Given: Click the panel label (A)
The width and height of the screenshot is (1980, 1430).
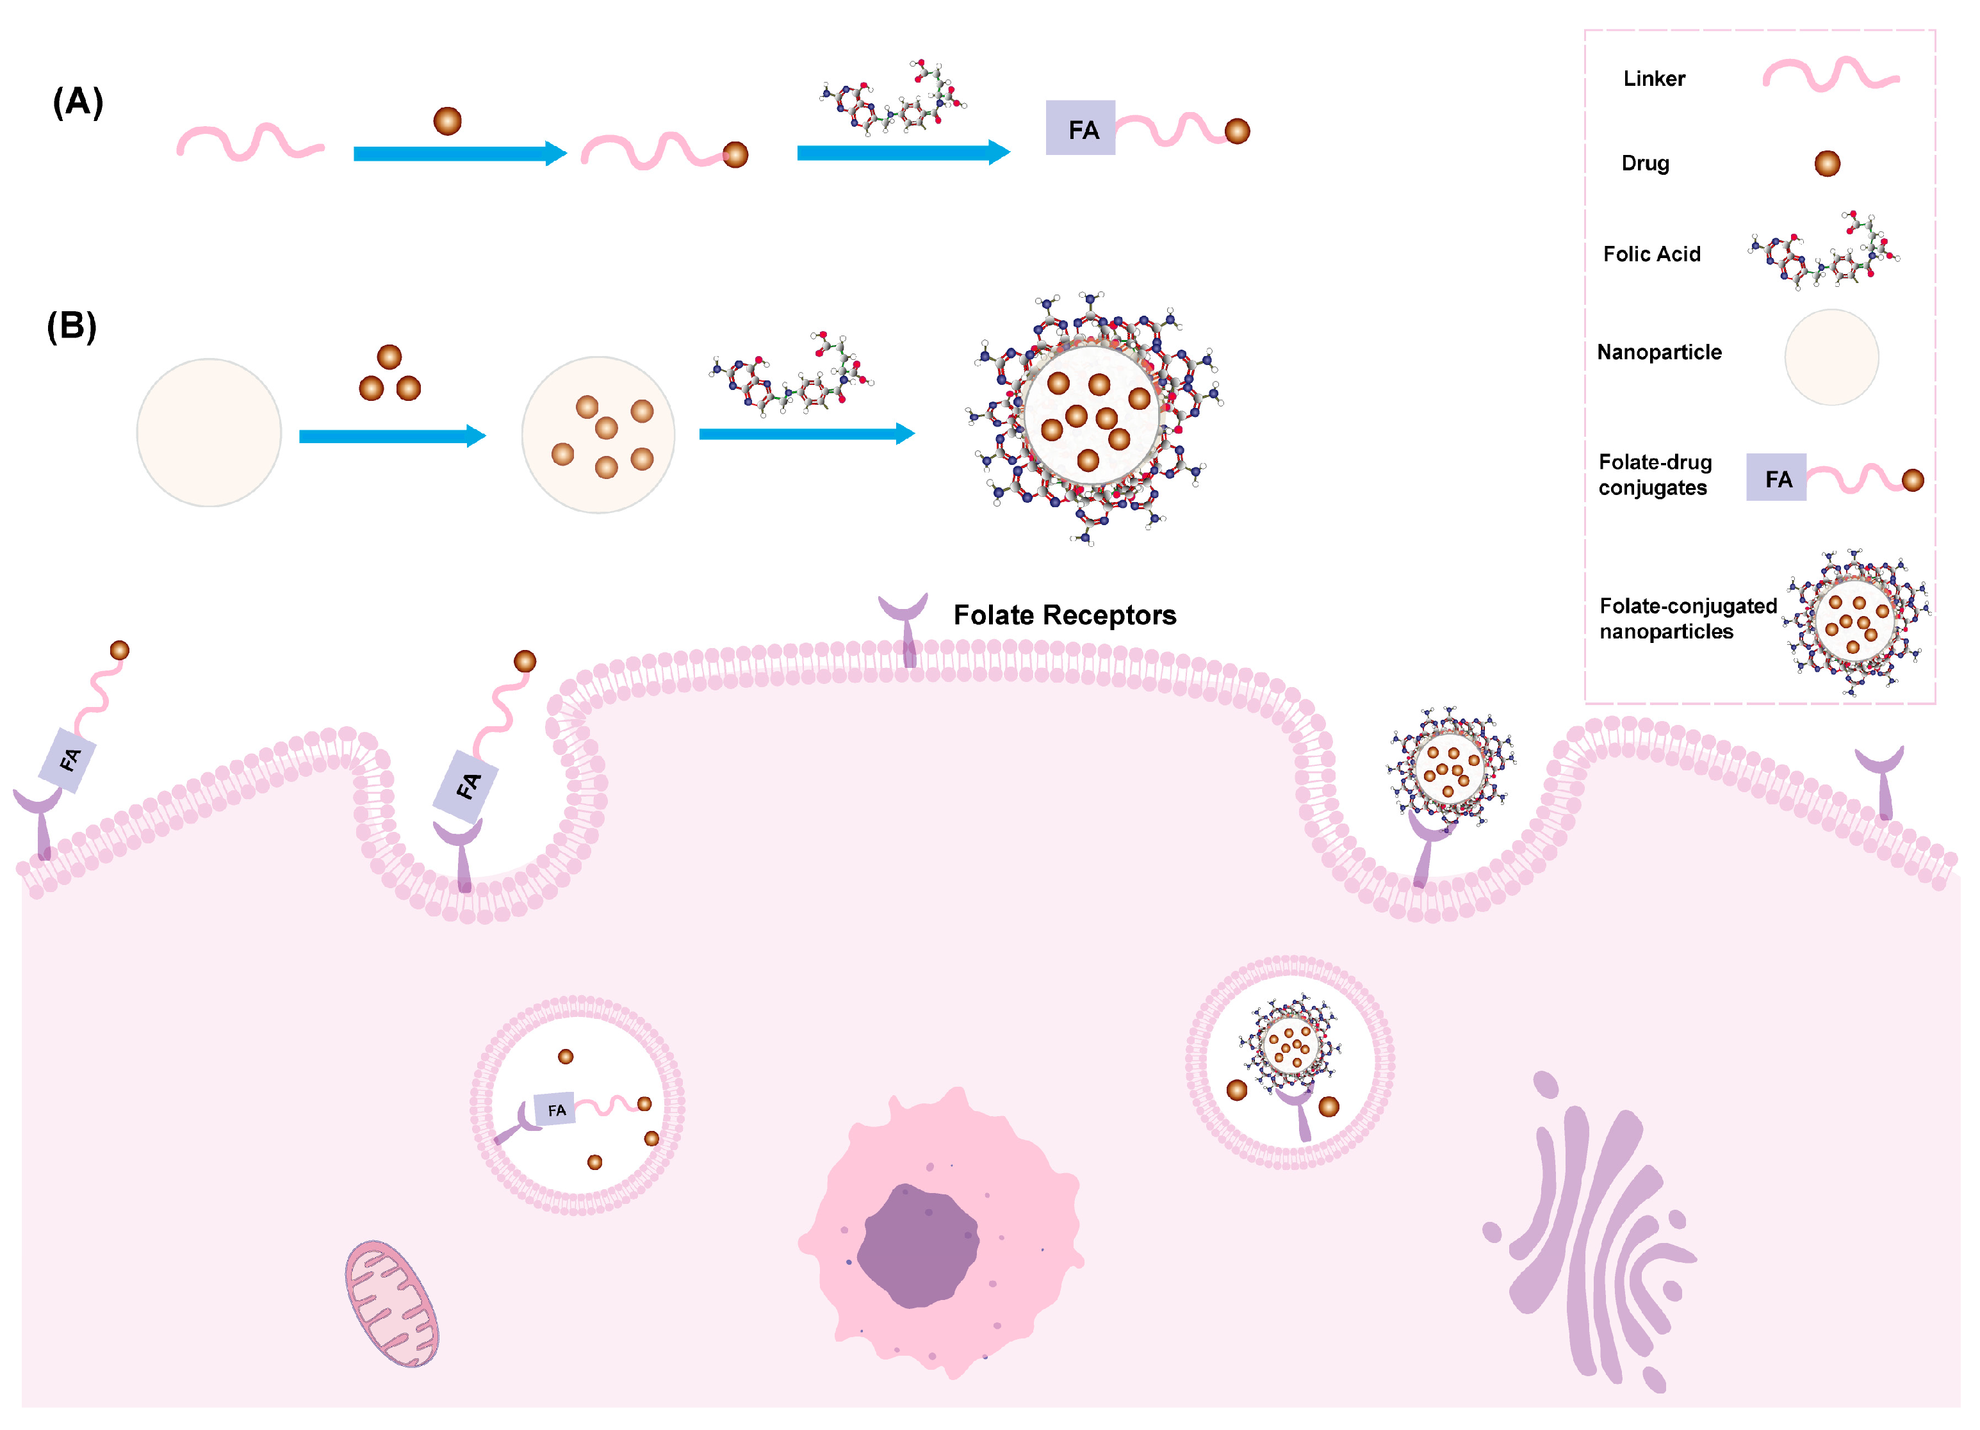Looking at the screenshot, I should pos(78,102).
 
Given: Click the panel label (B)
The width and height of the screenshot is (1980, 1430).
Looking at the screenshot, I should pos(72,327).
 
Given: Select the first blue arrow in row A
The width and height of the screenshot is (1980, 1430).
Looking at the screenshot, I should pos(459,154).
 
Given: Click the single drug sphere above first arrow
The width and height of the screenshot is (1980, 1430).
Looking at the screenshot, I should pos(447,120).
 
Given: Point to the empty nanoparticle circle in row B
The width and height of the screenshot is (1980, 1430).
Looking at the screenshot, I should pos(209,432).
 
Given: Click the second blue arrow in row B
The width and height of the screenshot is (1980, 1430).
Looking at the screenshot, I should pos(806,433).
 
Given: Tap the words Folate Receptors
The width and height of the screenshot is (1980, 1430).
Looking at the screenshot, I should pos(1064,615).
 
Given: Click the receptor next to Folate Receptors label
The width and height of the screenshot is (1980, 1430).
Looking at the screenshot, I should pos(904,624).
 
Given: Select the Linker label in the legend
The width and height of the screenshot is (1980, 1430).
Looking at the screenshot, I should pos(1653,79).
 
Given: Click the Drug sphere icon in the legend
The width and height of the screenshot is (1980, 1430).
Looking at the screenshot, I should pos(1826,163).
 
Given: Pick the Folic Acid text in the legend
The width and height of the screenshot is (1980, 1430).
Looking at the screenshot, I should pos(1651,254).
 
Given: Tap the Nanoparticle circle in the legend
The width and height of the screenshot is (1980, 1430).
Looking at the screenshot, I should pos(1831,357).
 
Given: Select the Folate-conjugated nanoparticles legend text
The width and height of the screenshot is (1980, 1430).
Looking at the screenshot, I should pos(1687,618).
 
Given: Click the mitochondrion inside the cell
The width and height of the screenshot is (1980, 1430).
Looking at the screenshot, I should pos(391,1303).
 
